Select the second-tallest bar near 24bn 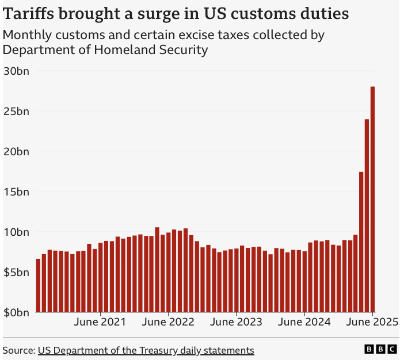[x=367, y=216]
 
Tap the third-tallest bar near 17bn [x=361, y=242]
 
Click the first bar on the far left [x=39, y=286]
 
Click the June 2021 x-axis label [x=101, y=323]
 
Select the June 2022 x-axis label [x=168, y=323]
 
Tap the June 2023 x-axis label [x=236, y=323]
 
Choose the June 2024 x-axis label [x=304, y=323]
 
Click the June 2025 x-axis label [x=371, y=323]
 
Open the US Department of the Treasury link [x=146, y=350]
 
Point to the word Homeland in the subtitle [x=123, y=50]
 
